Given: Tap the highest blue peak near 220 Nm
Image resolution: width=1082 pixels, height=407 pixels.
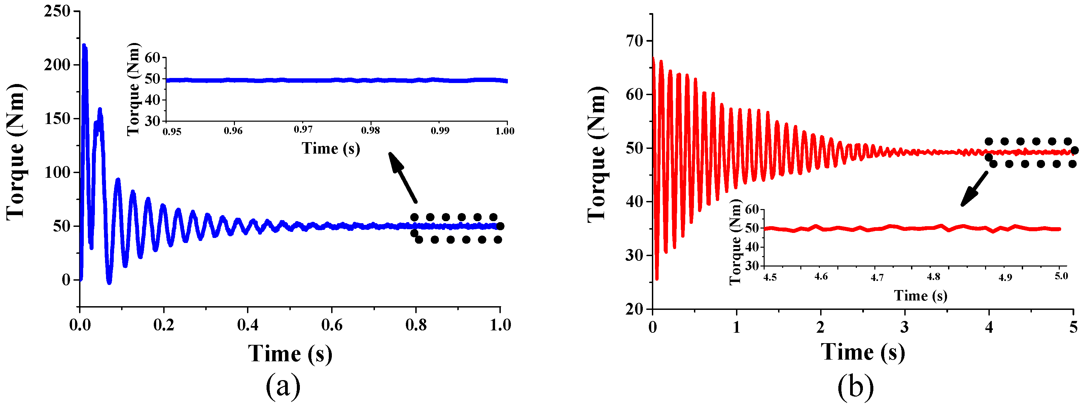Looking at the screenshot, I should click(x=84, y=45).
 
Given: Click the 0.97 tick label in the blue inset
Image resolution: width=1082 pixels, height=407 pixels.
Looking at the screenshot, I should click(x=303, y=130).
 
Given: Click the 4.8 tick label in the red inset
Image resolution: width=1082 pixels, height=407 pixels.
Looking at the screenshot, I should click(x=933, y=277).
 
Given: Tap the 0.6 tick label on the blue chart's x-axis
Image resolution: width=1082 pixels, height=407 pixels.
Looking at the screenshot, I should click(x=331, y=325).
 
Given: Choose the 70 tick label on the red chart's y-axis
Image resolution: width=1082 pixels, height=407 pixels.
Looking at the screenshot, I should click(x=634, y=41).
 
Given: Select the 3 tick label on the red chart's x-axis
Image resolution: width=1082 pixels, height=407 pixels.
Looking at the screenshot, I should click(x=904, y=327).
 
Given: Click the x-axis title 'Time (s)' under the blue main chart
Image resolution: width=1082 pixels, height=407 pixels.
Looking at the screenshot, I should click(x=290, y=353).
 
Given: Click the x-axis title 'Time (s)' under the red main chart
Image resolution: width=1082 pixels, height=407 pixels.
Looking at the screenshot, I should click(x=863, y=352).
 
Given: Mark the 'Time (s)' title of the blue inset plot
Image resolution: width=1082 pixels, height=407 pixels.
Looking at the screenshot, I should click(x=330, y=149).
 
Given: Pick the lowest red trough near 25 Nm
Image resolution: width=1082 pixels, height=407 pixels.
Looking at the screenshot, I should click(x=657, y=279).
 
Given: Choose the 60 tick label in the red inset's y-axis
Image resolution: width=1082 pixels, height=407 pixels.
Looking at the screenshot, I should click(x=752, y=209).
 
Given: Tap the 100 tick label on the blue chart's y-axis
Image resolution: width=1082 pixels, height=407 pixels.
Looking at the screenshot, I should click(x=57, y=172).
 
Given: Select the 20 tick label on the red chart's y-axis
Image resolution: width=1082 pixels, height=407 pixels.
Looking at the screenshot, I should click(x=634, y=309).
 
